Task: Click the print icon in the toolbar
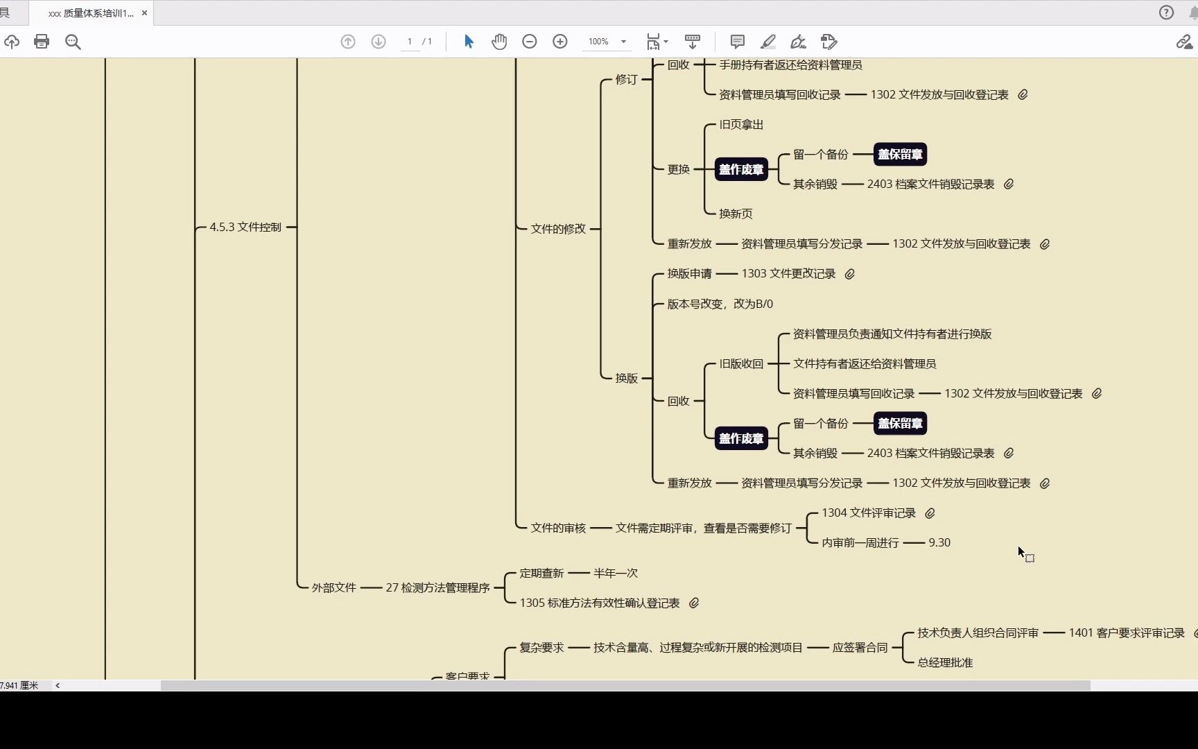(42, 42)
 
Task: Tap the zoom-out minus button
(530, 42)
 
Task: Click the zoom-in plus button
(560, 42)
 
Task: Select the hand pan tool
(499, 42)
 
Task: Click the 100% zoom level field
(599, 42)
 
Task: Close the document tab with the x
(144, 12)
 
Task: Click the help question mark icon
(1167, 12)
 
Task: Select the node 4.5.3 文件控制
(245, 227)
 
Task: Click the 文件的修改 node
(558, 228)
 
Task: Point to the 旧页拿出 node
(741, 125)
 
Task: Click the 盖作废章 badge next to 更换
(741, 169)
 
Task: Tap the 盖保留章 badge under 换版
(900, 423)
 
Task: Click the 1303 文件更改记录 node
(788, 274)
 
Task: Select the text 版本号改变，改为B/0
(720, 304)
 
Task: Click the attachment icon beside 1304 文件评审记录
(930, 513)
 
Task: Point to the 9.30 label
(939, 542)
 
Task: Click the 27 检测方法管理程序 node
(437, 587)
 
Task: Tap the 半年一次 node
(615, 573)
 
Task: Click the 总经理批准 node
(945, 662)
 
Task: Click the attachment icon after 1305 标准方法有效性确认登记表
(694, 603)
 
